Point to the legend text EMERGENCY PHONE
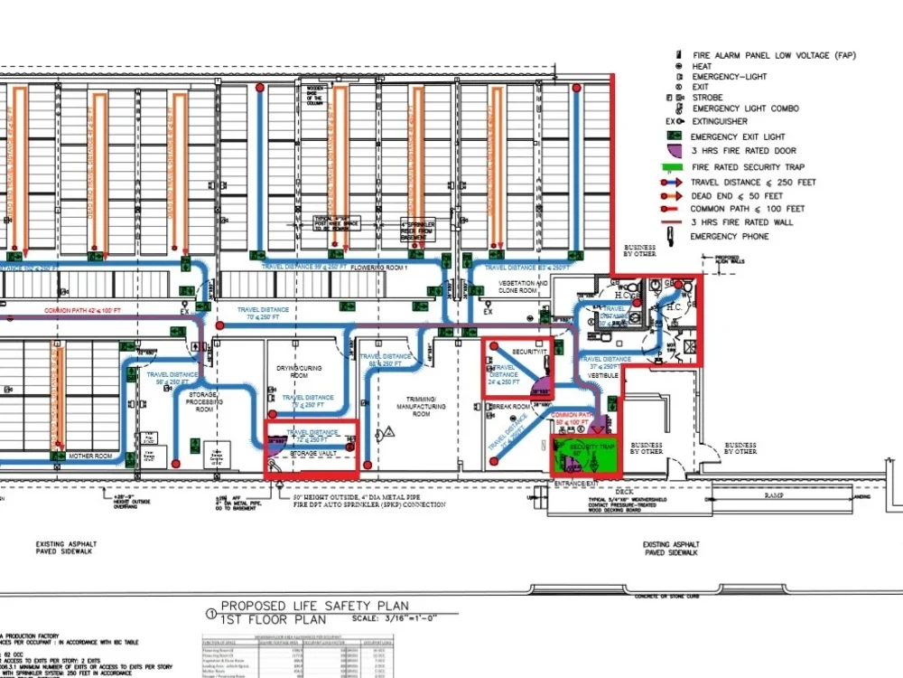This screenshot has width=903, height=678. [731, 237]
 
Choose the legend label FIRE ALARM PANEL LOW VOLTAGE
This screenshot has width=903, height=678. [774, 55]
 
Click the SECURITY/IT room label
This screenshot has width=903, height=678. [530, 351]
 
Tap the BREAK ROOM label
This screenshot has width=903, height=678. [510, 407]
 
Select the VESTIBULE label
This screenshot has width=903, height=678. [602, 374]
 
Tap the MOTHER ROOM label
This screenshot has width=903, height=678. [90, 457]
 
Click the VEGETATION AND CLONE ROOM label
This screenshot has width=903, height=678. [524, 287]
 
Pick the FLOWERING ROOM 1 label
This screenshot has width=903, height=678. [380, 268]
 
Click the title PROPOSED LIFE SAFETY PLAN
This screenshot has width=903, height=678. [315, 606]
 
